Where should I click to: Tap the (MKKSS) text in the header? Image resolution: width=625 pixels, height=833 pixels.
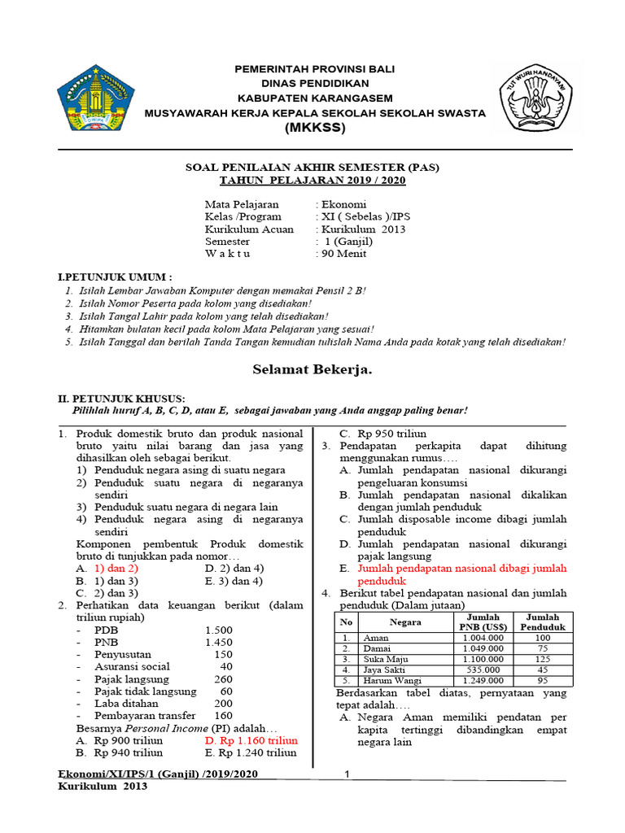coord(314,128)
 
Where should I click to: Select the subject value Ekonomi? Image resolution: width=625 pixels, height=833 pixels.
coord(343,204)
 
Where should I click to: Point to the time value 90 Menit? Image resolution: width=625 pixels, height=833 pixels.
coord(343,253)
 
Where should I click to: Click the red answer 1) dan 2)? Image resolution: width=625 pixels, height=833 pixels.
coord(116,568)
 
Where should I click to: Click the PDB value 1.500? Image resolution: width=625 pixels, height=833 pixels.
coord(218,630)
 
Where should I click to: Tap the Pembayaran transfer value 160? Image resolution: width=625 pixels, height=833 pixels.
coord(222,715)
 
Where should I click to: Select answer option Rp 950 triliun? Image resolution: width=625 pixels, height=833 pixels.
coord(382,434)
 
